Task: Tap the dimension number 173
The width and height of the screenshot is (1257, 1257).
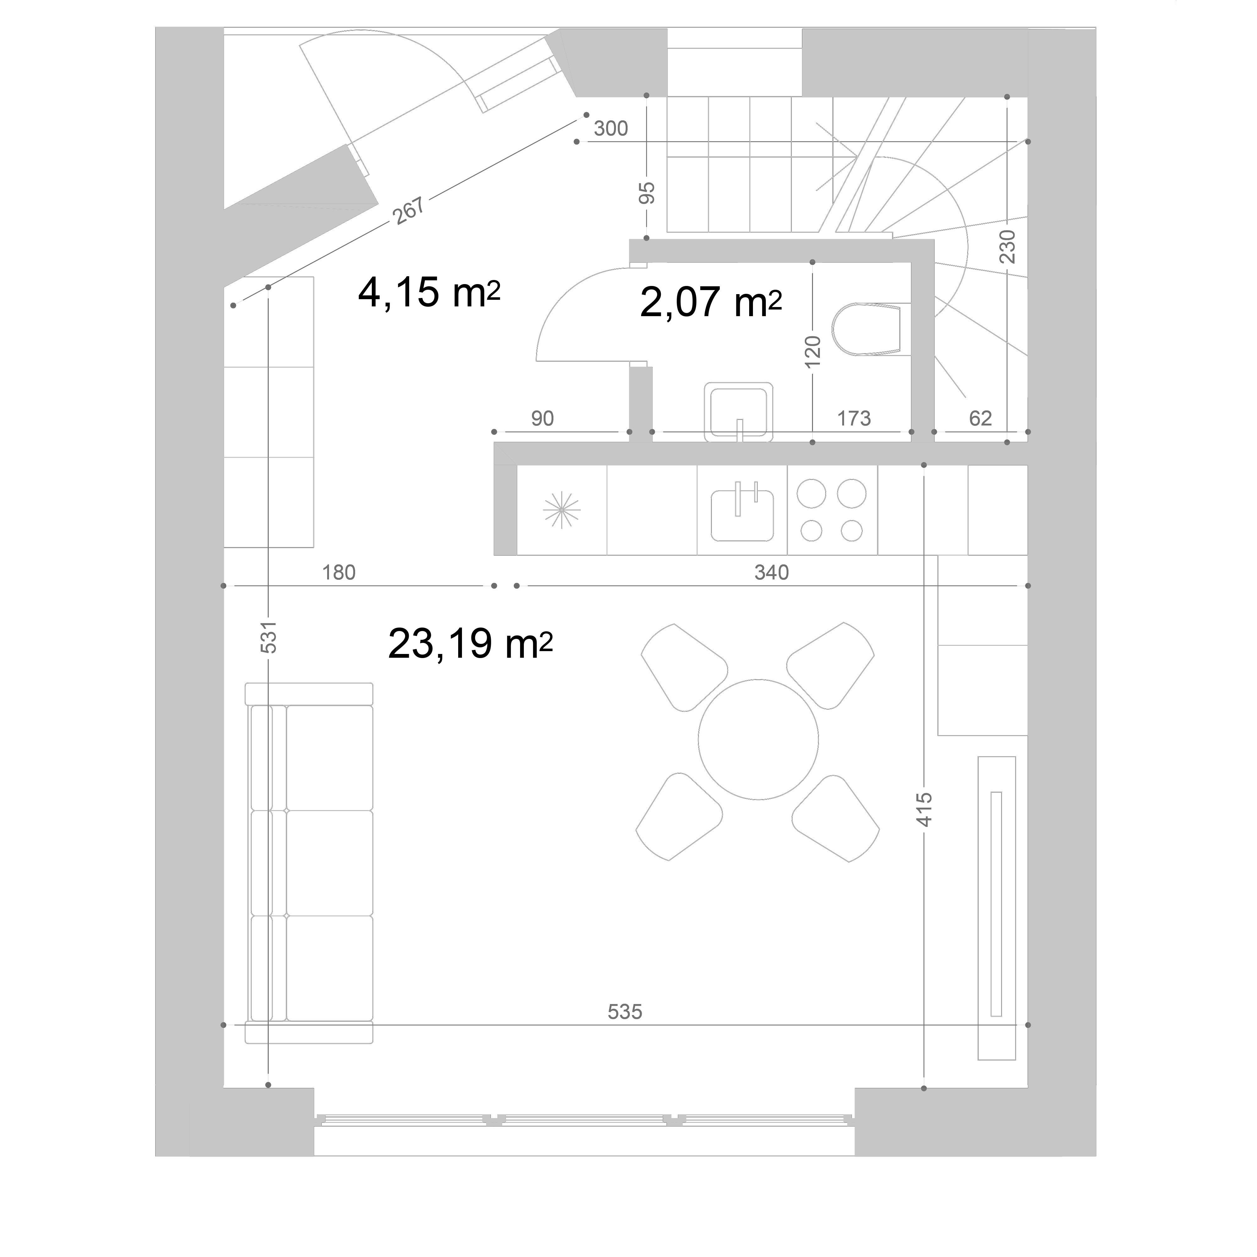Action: click(x=854, y=418)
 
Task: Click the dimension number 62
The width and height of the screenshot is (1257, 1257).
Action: click(x=980, y=418)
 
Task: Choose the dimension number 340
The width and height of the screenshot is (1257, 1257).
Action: click(x=771, y=573)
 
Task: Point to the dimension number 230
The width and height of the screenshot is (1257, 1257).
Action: click(x=1007, y=246)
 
